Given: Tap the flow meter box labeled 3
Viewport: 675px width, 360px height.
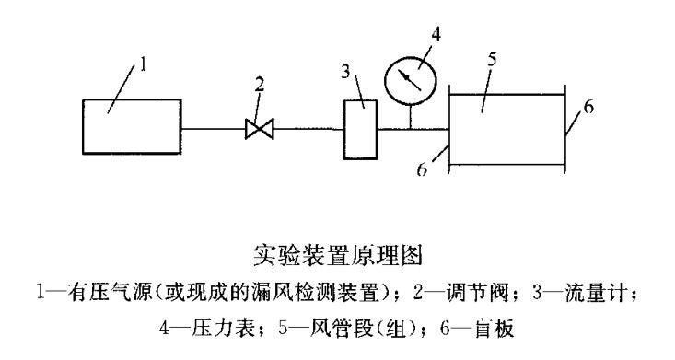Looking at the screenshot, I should pos(361,130).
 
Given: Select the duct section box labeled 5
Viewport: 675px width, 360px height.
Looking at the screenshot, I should pos(505,129).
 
